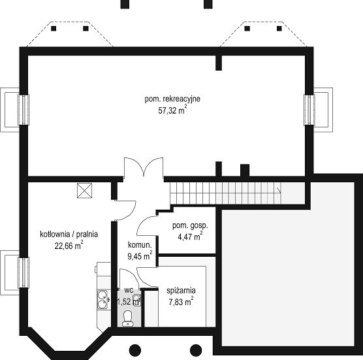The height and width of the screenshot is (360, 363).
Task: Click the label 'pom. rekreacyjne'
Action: (x=172, y=99)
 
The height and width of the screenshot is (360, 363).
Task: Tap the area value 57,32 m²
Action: (x=172, y=110)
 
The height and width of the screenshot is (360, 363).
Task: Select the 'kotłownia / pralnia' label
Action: (x=69, y=234)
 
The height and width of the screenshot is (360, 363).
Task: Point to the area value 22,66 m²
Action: (x=69, y=245)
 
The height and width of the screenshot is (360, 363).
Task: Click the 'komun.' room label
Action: (x=140, y=245)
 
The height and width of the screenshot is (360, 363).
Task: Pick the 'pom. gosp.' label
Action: (x=190, y=226)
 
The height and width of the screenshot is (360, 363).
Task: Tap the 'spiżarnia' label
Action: (x=181, y=291)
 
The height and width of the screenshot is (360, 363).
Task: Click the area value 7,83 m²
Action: (x=181, y=302)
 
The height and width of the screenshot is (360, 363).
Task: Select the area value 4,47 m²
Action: (x=190, y=237)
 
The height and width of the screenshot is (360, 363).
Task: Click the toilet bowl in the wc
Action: (x=127, y=319)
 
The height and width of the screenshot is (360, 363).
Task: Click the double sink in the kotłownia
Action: (x=102, y=300)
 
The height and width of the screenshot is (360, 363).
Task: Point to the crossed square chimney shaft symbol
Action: (x=84, y=191)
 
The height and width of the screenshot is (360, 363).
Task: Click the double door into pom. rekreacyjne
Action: (x=144, y=167)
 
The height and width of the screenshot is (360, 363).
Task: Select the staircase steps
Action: (x=226, y=193)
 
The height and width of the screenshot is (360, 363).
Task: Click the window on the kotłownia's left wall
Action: (x=24, y=272)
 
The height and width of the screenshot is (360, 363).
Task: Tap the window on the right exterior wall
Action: (x=309, y=110)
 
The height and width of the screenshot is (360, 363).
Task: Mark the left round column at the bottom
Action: (x=135, y=350)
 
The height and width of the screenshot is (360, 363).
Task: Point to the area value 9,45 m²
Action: (x=140, y=255)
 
